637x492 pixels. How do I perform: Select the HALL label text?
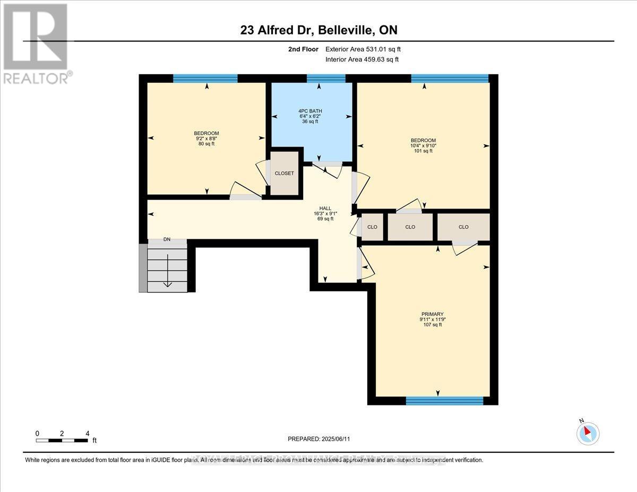[325, 213]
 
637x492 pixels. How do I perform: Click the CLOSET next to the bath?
[284, 174]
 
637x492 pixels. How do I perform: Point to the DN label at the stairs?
[167, 239]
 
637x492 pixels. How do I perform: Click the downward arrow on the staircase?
[168, 271]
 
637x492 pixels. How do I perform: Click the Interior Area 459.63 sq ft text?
[361, 59]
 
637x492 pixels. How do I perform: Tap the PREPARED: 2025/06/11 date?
[319, 439]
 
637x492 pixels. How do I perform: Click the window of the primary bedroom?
[444, 401]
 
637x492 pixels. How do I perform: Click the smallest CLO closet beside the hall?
[372, 227]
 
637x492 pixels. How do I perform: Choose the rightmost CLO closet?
[463, 227]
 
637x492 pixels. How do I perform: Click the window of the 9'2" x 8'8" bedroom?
[205, 79]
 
